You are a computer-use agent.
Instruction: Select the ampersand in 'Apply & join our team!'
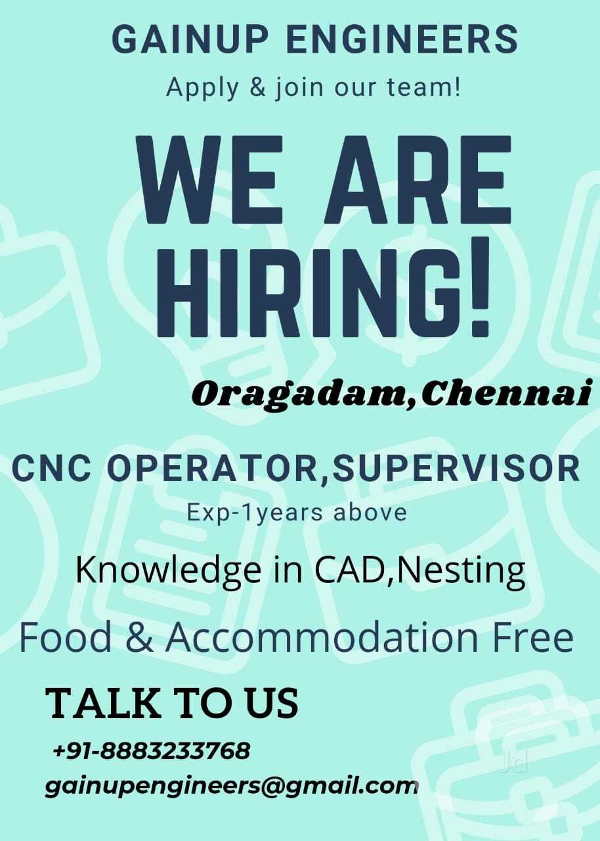pos(258,88)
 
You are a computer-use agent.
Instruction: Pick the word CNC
pos(54,469)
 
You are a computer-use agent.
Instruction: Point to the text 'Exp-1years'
pos(255,514)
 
